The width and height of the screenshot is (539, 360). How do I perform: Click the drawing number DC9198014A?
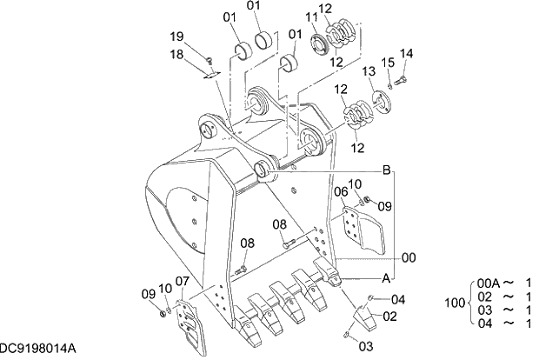(37, 348)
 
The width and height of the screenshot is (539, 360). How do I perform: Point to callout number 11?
(310, 17)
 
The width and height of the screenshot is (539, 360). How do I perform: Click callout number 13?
(368, 70)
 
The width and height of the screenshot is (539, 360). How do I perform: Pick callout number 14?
(407, 54)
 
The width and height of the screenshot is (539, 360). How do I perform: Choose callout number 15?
(388, 63)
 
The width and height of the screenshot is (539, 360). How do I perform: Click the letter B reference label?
(387, 170)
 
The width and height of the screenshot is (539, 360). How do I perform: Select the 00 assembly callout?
(408, 257)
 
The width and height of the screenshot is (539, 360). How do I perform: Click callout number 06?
(341, 190)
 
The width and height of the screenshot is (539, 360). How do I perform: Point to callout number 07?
(182, 282)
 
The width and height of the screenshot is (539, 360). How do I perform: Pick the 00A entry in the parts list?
(489, 283)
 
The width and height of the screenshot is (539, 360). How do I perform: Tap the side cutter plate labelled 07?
(191, 323)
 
